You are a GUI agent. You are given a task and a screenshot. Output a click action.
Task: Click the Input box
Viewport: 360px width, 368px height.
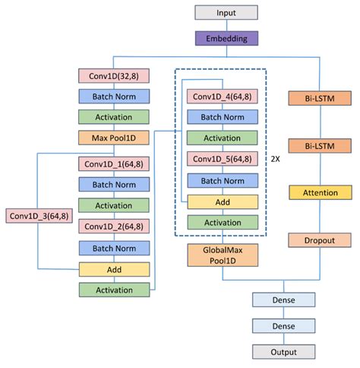226,13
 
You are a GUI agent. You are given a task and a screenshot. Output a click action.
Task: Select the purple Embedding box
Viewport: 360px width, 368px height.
226,38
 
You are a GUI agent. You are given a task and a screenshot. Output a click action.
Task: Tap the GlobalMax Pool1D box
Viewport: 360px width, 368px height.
222,255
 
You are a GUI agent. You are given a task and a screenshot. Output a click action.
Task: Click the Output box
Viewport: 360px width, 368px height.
283,352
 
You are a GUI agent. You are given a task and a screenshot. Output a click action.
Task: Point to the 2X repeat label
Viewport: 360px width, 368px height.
276,160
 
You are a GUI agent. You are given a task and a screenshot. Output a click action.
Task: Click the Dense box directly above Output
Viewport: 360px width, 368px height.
283,326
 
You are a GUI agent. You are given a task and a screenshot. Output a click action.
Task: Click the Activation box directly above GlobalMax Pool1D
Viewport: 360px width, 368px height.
222,222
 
